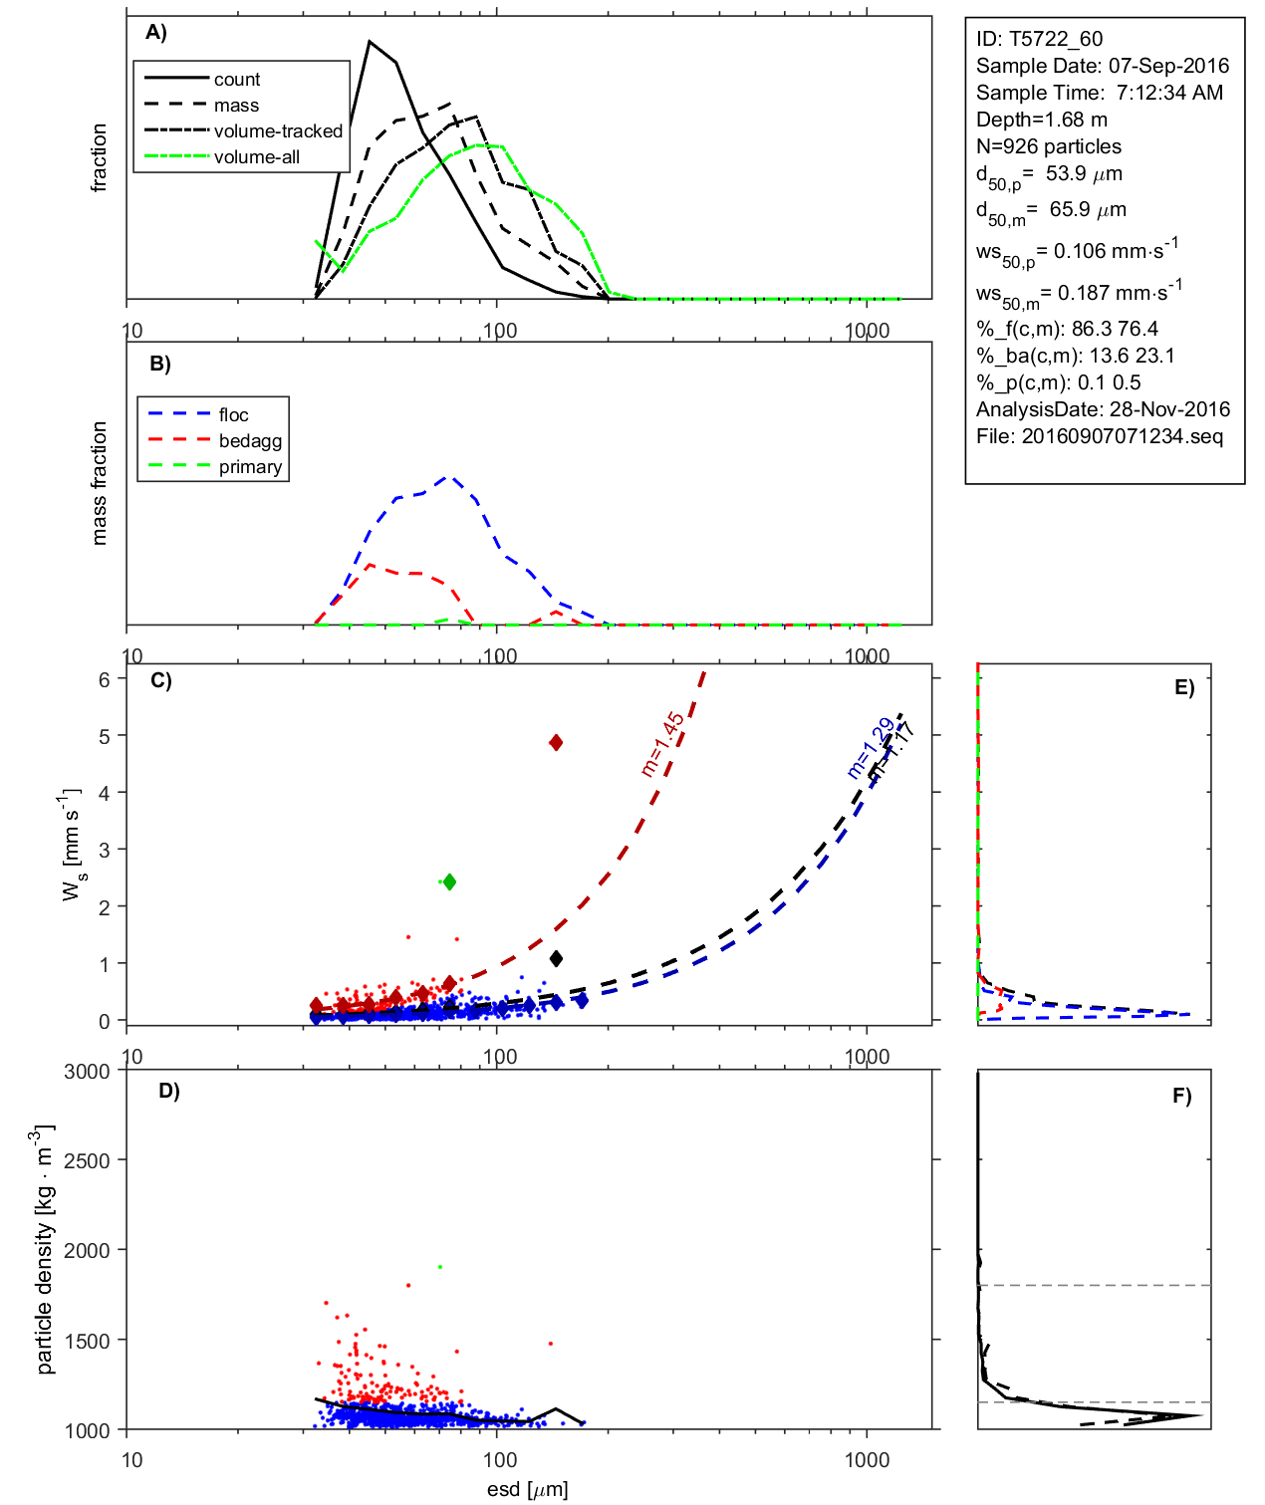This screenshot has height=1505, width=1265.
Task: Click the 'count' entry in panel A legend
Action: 236,80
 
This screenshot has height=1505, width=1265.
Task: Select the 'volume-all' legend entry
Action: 256,157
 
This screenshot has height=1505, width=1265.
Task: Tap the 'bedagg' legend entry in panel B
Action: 250,441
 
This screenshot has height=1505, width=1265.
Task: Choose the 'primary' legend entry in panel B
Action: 250,467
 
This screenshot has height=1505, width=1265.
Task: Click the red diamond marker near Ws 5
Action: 556,742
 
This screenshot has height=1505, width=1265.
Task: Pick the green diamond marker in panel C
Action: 449,881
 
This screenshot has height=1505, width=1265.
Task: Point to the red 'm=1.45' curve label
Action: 662,744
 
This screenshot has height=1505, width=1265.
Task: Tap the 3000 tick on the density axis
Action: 87,1072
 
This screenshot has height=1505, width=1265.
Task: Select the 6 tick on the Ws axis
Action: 104,679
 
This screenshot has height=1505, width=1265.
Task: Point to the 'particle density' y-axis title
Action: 44,1250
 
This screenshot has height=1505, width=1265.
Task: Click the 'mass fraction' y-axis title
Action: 100,483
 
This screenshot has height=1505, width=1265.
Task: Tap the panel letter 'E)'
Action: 1183,687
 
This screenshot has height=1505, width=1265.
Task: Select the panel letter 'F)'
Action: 1181,1096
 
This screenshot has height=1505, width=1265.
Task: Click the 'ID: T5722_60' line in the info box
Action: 1039,39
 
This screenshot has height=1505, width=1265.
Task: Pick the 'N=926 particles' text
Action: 1048,146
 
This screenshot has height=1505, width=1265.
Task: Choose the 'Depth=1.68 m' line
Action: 1041,120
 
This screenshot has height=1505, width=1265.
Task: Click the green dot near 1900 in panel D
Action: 439,1267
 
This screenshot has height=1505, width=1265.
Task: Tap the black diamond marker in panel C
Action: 556,958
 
